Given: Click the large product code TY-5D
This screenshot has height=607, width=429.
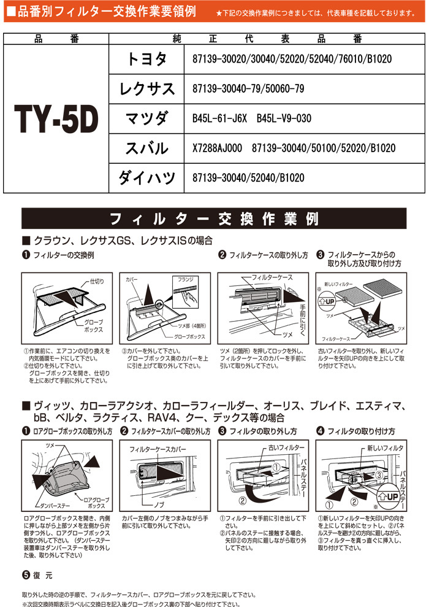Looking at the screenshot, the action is tap(56, 119).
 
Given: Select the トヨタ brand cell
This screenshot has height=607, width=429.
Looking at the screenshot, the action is tap(146, 60).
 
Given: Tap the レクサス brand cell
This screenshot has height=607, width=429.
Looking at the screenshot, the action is tap(146, 89).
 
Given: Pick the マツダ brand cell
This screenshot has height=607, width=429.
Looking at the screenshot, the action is tap(146, 118).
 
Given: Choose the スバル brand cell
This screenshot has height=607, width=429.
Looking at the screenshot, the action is tap(146, 149).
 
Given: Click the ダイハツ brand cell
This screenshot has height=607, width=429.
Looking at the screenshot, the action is tap(146, 178).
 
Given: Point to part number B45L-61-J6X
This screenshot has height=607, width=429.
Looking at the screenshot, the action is tap(219, 118).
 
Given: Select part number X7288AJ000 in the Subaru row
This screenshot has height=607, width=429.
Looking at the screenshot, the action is tap(217, 148).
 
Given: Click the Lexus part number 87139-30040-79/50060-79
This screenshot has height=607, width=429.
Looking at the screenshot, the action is tap(248, 88).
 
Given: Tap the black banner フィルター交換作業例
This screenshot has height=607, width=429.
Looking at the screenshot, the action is tap(214, 218).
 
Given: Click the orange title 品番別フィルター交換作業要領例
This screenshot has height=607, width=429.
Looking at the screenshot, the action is tap(106, 11).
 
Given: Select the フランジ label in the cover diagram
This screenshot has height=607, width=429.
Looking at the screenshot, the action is tap(186, 279).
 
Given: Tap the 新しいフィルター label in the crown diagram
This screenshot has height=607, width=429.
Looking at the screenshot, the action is tap(338, 284).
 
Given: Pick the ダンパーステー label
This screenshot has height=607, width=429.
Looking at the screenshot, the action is tap(55, 506).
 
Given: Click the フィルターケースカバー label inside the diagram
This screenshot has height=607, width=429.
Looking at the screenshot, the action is tap(158, 449).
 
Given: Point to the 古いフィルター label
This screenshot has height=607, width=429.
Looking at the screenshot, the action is tap(286, 447).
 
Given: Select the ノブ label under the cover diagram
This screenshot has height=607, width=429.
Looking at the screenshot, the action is tap(159, 505).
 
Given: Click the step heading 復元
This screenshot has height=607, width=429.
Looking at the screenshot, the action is tap(38, 575).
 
